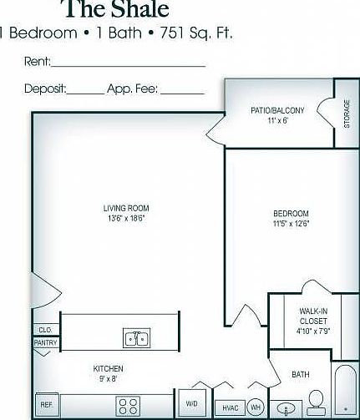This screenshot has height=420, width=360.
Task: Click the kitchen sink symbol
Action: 137,338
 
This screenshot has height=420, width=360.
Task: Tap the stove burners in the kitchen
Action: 128,407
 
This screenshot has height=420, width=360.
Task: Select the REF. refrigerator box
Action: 47,404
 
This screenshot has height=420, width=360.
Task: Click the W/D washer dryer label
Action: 191,403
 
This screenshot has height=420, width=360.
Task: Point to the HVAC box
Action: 231,407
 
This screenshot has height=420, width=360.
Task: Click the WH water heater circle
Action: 256,407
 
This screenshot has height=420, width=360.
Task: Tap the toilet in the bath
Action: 316,402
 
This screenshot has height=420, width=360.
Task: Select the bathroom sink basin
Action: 286,408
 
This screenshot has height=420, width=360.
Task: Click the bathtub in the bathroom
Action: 346,390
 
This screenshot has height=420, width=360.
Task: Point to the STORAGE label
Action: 347,114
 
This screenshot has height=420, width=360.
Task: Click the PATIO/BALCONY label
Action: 277,110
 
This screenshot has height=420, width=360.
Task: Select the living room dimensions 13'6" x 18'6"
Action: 127,218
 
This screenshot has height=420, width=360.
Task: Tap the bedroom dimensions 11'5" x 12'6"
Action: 292,224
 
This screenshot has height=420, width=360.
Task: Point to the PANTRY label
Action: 45,342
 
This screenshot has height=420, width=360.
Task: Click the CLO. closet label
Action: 45,330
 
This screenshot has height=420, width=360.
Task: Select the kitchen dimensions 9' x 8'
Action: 108,379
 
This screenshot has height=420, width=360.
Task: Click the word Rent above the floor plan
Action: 38,61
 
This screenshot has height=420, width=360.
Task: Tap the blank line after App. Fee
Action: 182,94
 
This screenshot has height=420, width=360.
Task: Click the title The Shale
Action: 117,9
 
